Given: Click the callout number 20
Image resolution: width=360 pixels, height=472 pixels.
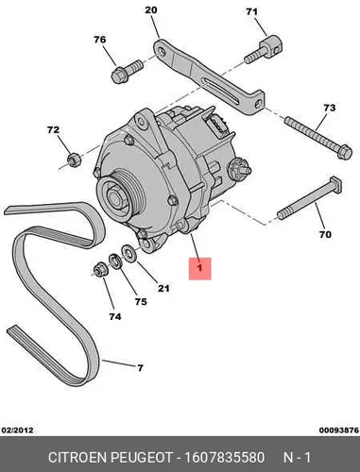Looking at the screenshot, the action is [x=151, y=10].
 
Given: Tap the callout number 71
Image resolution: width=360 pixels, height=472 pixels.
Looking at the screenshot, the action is [x=251, y=12].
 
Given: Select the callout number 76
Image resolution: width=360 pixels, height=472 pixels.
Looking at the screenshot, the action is [x=99, y=40].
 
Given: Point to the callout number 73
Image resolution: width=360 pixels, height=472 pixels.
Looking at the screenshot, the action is [x=330, y=108].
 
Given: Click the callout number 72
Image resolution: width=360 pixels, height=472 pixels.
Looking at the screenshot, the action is [x=53, y=129].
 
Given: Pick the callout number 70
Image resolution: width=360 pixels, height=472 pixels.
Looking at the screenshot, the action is [x=325, y=234].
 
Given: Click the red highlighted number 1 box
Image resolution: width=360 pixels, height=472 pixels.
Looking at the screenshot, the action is [x=199, y=268].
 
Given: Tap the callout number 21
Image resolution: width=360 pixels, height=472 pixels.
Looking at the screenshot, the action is [x=163, y=288].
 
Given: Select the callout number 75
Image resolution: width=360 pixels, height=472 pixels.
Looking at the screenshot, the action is [x=141, y=302].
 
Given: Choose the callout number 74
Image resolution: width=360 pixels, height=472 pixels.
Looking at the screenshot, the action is [x=115, y=316].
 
